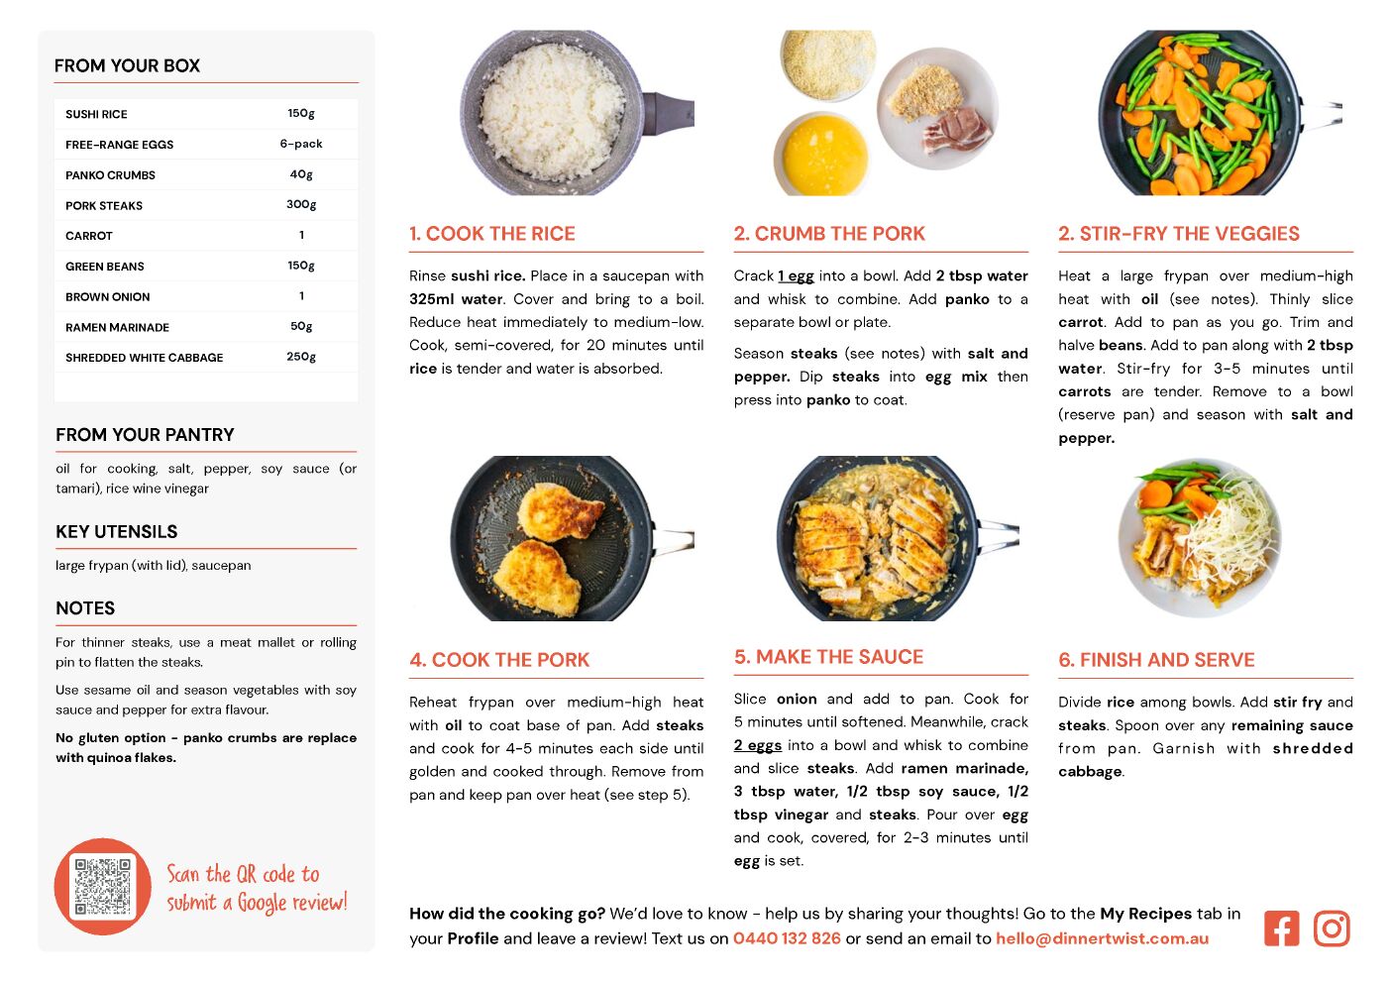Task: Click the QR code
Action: click(103, 886)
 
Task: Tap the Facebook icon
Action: click(1281, 928)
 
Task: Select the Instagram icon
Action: click(1332, 928)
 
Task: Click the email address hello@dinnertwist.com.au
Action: click(1102, 938)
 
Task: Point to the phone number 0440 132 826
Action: click(787, 938)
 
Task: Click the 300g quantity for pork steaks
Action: click(301, 205)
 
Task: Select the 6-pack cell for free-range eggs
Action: click(301, 144)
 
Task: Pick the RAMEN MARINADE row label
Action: click(117, 327)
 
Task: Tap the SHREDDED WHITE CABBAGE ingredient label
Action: click(144, 358)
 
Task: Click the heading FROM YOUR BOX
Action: click(127, 65)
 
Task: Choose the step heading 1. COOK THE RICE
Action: click(492, 233)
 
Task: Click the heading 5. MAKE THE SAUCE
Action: click(828, 657)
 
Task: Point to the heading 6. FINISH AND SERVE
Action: click(1156, 660)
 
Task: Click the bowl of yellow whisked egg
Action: click(823, 155)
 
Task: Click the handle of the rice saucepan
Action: click(669, 113)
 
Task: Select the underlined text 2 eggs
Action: click(758, 745)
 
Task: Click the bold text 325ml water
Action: click(456, 299)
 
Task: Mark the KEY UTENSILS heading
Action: click(117, 532)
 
